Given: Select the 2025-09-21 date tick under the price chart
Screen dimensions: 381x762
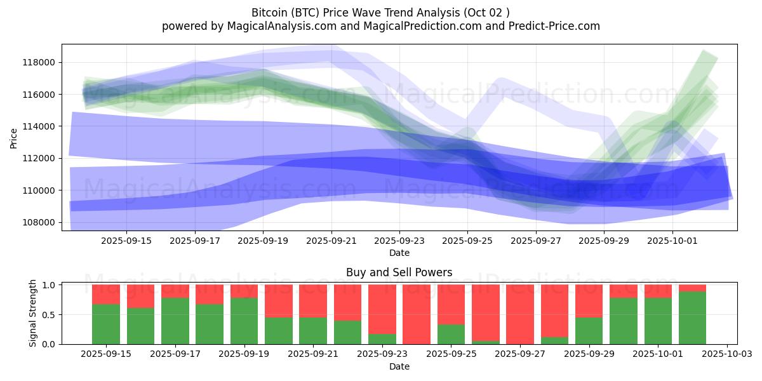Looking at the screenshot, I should (x=331, y=241).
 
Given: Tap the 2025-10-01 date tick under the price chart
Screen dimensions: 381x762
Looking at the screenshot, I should (x=673, y=241).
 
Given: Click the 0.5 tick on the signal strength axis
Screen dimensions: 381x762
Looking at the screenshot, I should (x=49, y=314).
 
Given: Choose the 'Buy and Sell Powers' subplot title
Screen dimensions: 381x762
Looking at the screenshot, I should (x=399, y=272).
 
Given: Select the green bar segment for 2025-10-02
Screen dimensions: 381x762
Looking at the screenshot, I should (x=692, y=317).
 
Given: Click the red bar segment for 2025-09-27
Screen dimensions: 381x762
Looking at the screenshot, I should (x=520, y=314).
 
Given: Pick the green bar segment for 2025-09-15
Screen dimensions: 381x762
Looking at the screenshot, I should (x=106, y=324).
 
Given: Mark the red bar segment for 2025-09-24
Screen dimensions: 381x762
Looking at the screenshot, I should (x=417, y=314).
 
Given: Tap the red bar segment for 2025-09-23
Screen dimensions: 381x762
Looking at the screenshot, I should (x=382, y=309).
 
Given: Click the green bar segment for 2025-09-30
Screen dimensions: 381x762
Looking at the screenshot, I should (x=624, y=321).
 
